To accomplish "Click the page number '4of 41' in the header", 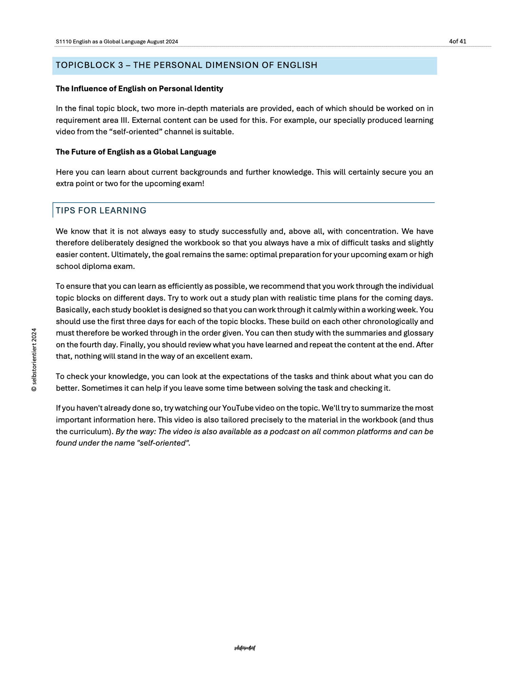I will [x=458, y=41].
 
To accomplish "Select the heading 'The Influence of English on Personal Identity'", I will [x=139, y=89].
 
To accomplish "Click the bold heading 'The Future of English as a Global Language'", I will [x=136, y=152].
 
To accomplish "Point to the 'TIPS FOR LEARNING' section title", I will [x=101, y=210].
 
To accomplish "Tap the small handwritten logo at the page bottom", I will [x=245, y=648].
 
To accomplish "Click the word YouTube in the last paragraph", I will [x=237, y=408].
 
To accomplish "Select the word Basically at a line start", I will [x=72, y=310].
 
